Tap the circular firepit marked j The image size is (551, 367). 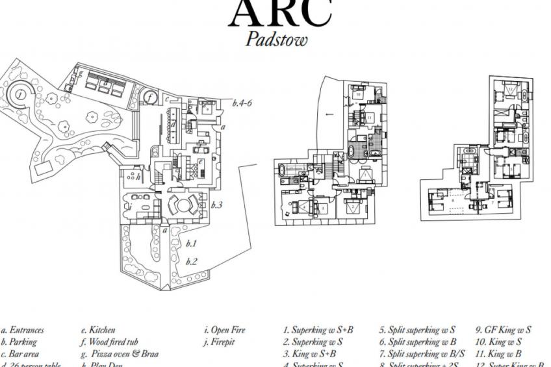click(21, 95)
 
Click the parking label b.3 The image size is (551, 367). click(216, 205)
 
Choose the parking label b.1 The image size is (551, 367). click(191, 244)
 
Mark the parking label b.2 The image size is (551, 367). click(191, 262)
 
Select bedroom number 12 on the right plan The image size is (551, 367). click(511, 89)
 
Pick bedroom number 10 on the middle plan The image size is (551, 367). click(358, 94)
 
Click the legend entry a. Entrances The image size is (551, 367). click(22, 330)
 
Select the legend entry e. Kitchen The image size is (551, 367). click(98, 330)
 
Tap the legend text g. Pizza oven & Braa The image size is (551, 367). click(120, 354)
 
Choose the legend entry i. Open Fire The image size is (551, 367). click(224, 330)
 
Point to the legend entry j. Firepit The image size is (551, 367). click(219, 342)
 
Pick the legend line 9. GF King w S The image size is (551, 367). click(504, 330)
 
